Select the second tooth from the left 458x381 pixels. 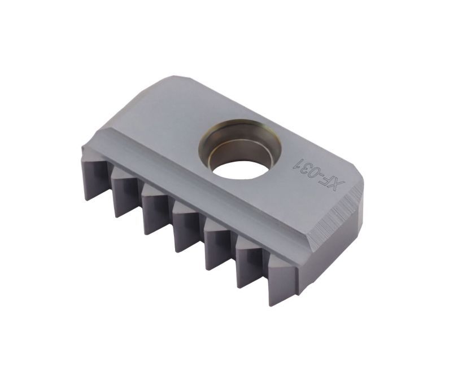coord(124,196)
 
